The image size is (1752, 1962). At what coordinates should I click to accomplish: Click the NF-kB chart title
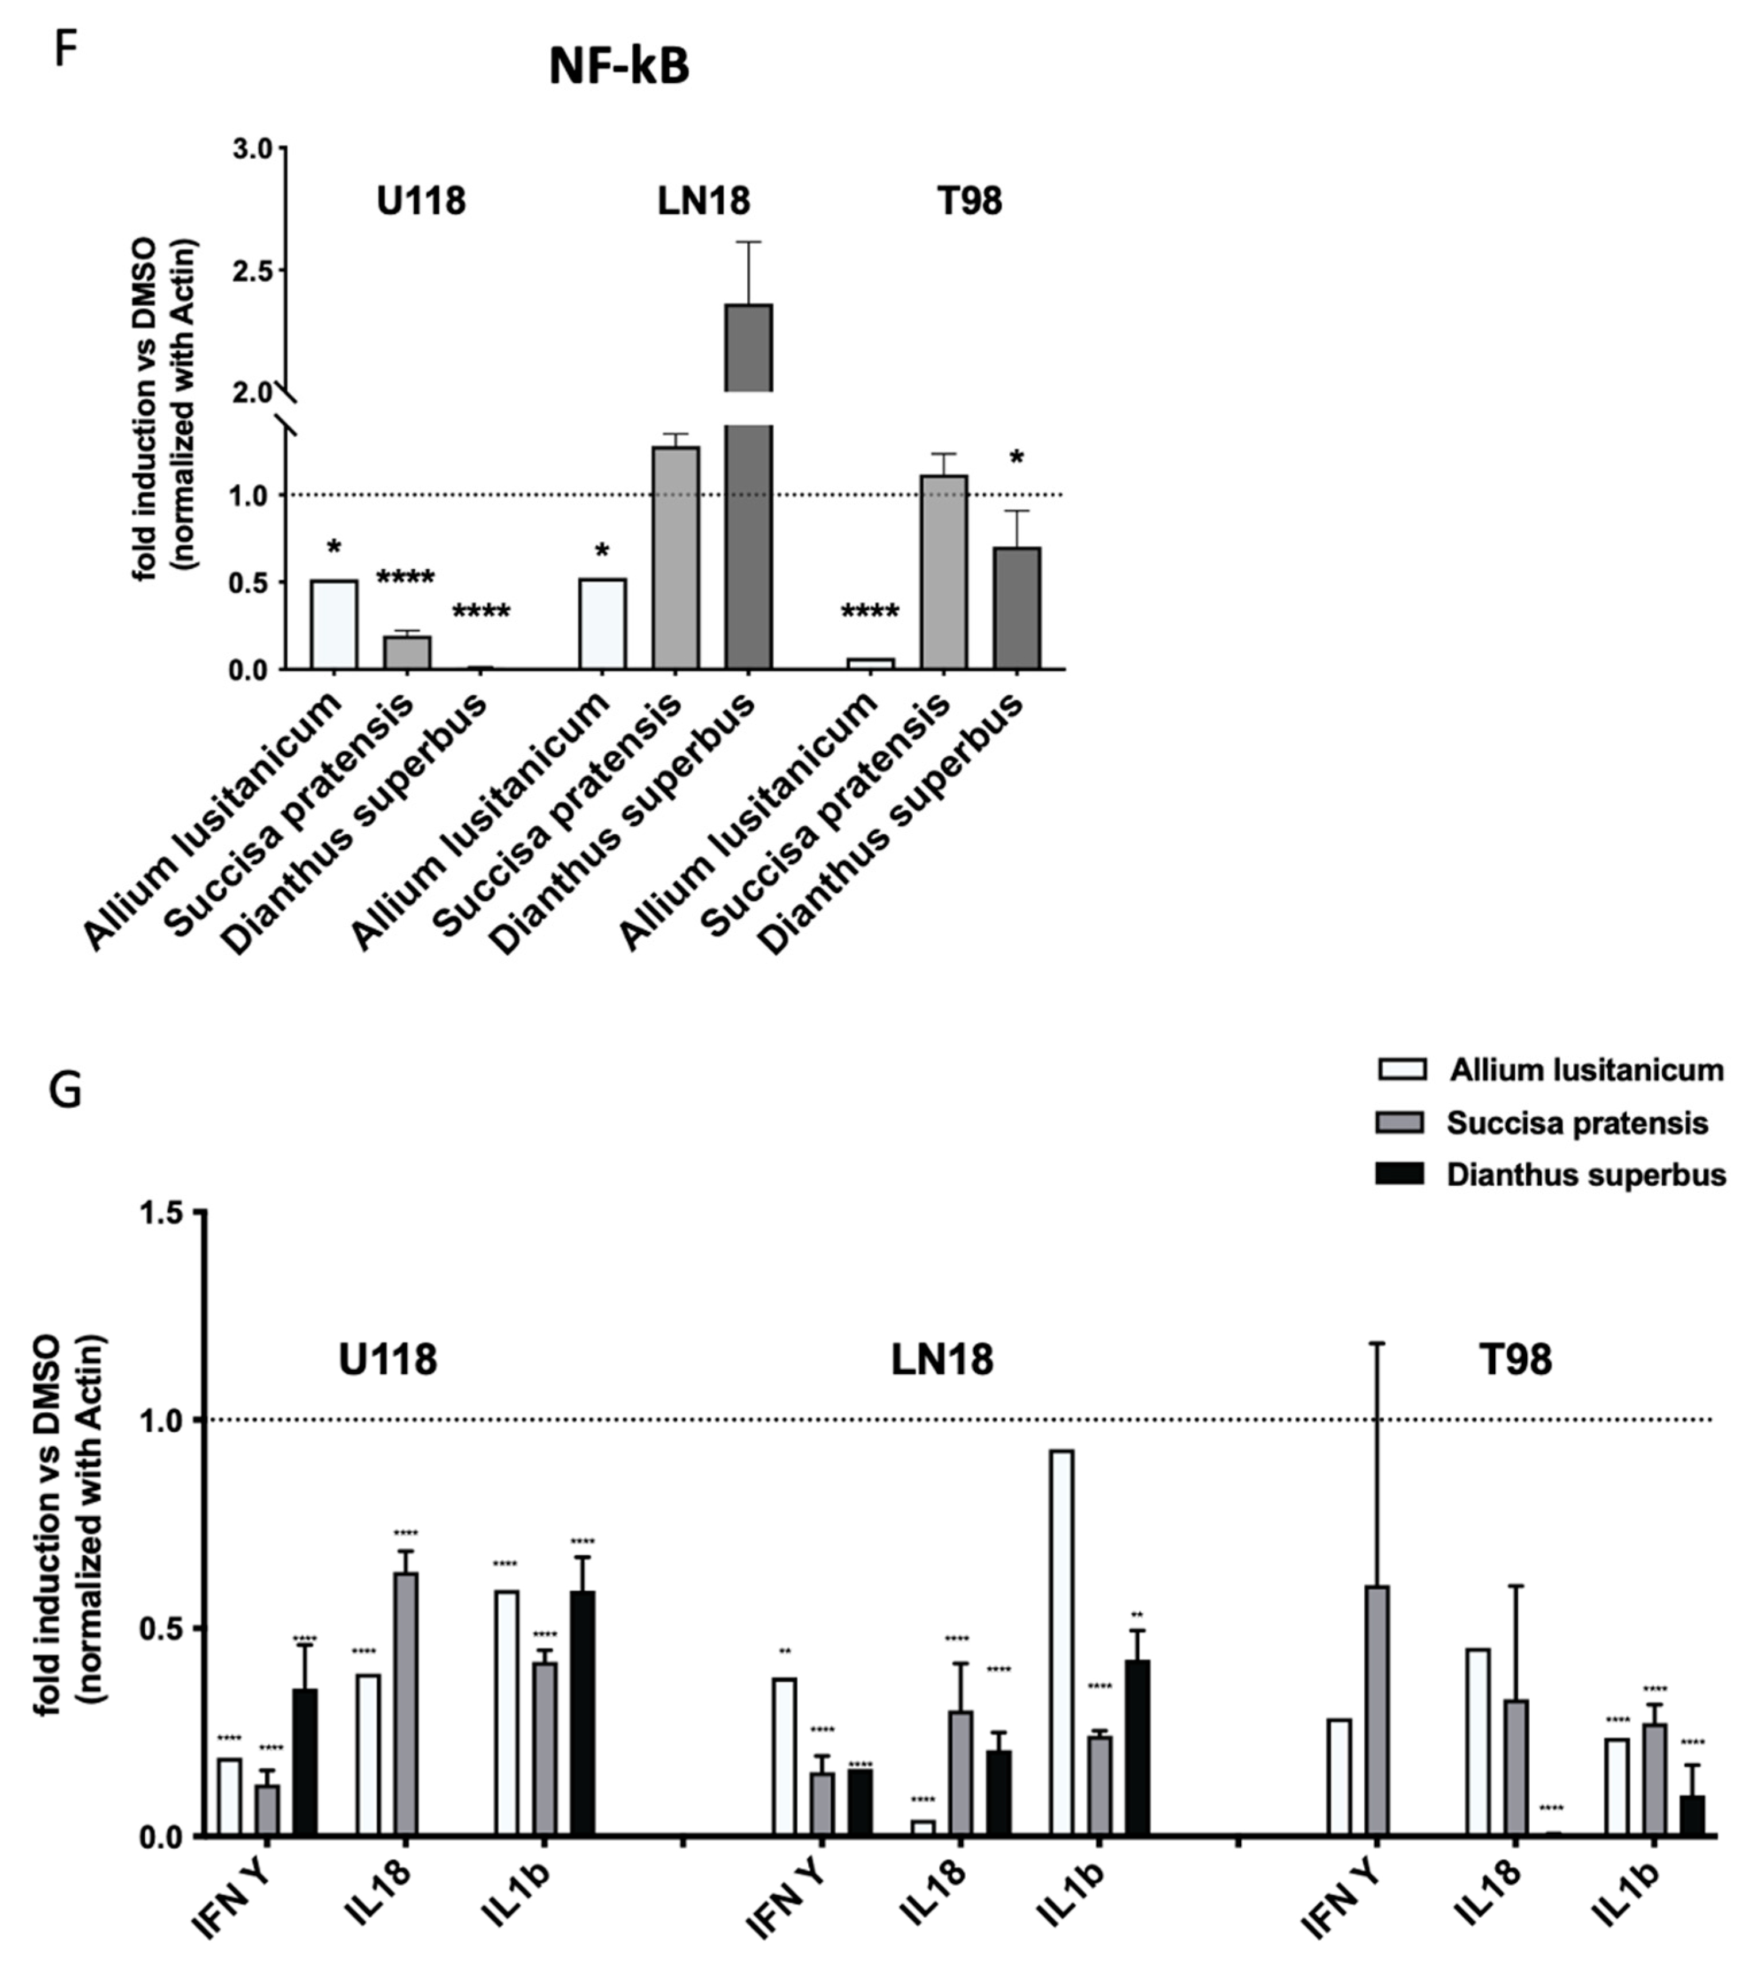click(619, 67)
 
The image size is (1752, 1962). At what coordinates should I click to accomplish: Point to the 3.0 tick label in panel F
click(252, 149)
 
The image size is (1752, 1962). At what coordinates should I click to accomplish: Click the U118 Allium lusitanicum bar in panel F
click(334, 625)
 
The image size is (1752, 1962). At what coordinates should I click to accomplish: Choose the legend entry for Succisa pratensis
click(1576, 1123)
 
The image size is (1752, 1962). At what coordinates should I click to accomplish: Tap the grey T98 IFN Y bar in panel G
click(1376, 1711)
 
